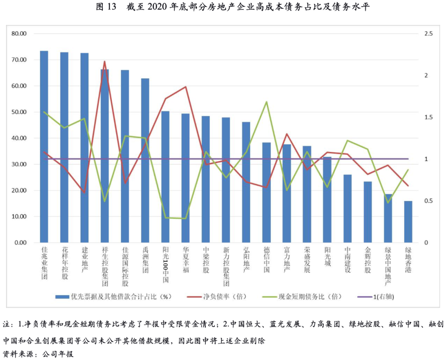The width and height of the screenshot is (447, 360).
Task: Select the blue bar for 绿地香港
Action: (x=408, y=222)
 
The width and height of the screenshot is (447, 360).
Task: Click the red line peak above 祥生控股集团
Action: (x=104, y=62)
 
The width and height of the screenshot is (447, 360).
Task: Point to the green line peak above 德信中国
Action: (x=267, y=102)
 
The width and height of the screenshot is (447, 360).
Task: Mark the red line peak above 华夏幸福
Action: (x=185, y=87)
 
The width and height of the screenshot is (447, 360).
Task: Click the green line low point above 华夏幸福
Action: (x=185, y=218)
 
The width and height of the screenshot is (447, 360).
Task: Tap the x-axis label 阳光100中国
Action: (x=165, y=265)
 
